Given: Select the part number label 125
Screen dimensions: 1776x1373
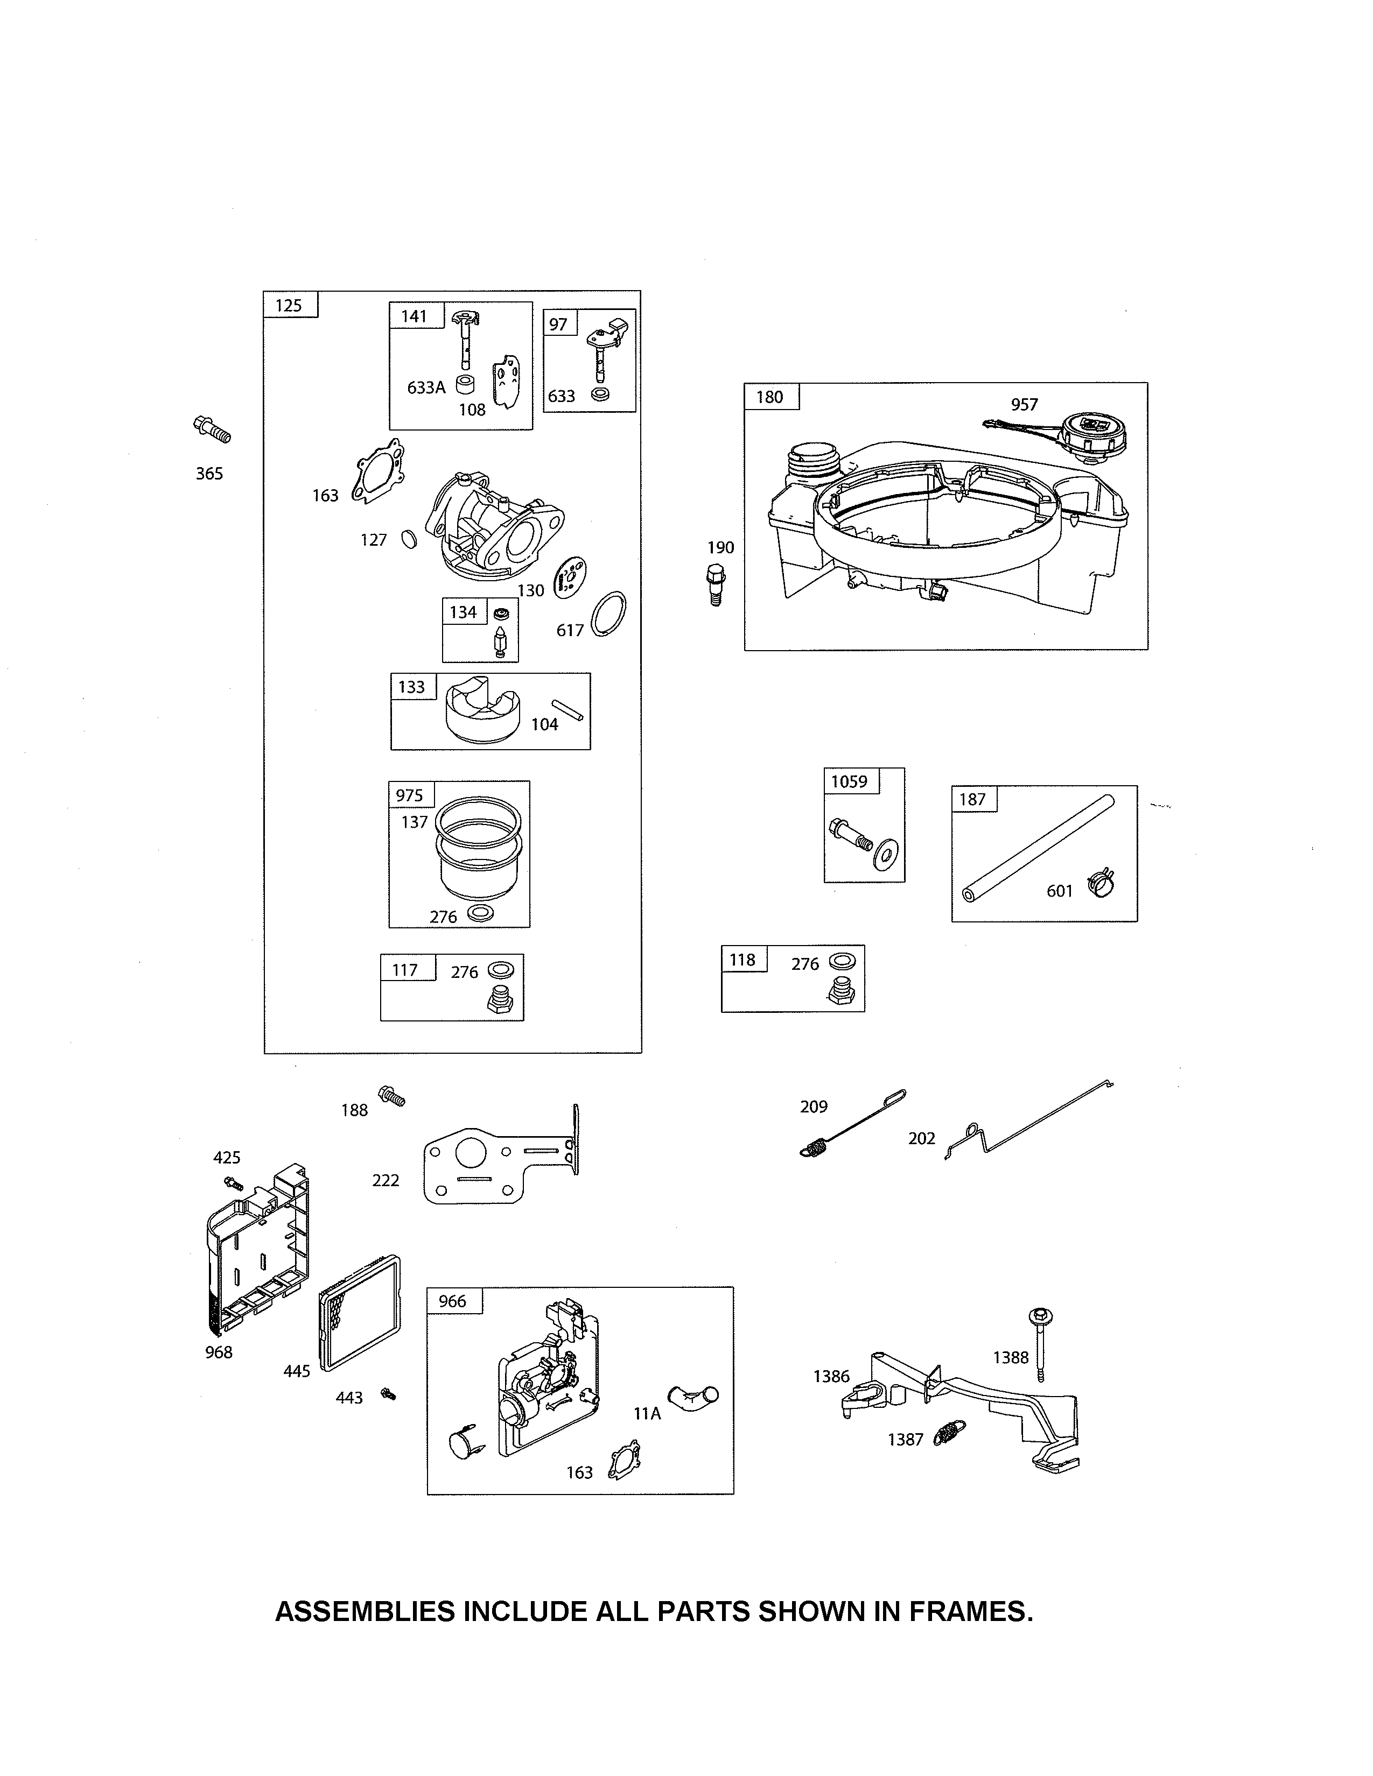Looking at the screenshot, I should pyautogui.click(x=289, y=306).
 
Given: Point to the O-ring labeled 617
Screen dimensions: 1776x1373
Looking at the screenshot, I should pyautogui.click(x=608, y=615).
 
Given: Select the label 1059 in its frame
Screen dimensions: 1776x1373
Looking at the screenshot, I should pyautogui.click(x=849, y=781).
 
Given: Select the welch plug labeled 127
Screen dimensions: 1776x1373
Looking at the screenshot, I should pyautogui.click(x=409, y=539).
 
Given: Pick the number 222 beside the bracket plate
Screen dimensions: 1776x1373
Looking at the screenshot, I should pyautogui.click(x=386, y=1180).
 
